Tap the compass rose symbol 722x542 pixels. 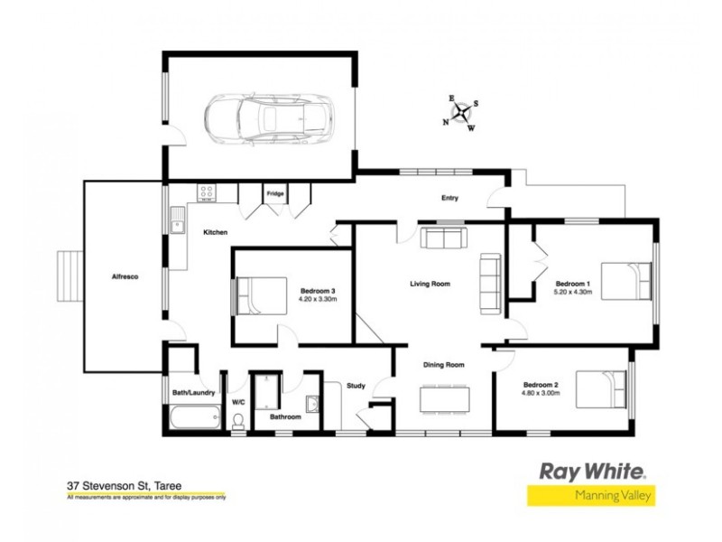coord(461,113)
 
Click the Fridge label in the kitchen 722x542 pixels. coord(274,192)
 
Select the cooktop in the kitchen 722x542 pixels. coord(207,192)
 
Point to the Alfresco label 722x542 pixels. coord(124,278)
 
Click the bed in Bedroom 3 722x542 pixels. coord(257,295)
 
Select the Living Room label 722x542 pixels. coord(430,285)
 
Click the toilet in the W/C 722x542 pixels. coord(238,420)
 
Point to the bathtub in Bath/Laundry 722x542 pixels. coord(193,417)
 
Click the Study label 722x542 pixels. coord(356,387)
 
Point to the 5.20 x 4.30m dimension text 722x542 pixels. coord(573,291)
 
